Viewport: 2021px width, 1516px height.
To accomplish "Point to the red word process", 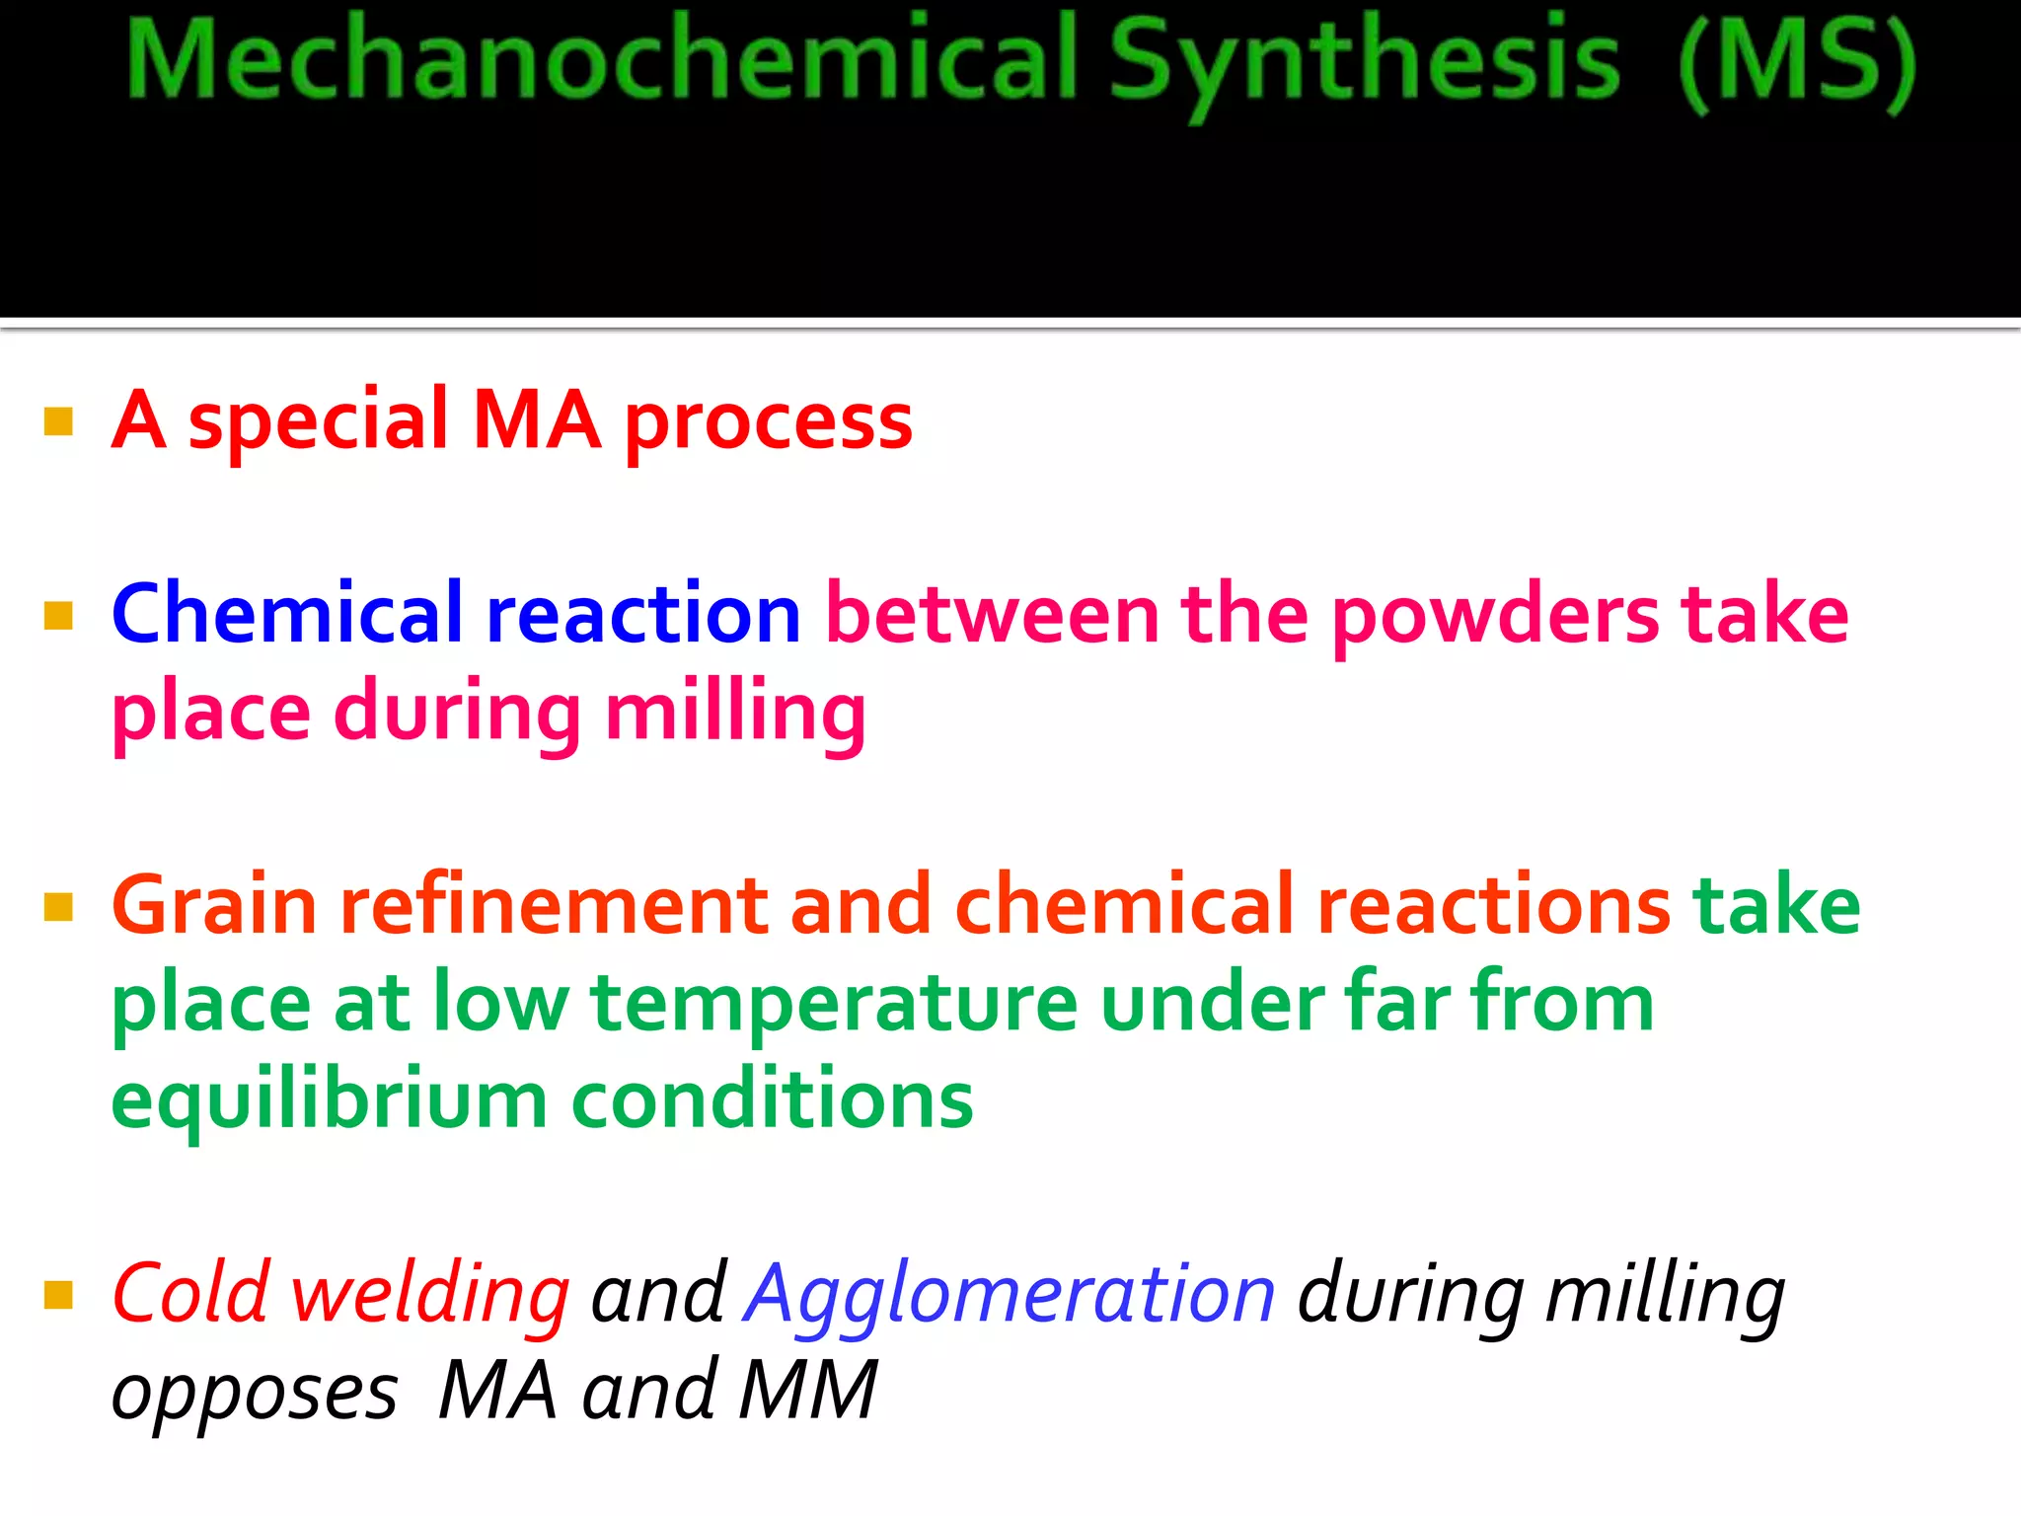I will [769, 424].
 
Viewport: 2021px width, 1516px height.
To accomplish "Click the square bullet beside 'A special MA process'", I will [59, 421].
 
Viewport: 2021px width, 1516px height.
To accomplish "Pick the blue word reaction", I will [643, 614].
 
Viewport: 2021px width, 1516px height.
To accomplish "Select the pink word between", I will [992, 614].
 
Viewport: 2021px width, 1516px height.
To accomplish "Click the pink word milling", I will [735, 713].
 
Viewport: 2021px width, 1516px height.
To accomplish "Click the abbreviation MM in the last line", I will [808, 1390].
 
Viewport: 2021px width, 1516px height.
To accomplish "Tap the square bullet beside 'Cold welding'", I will [59, 1294].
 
